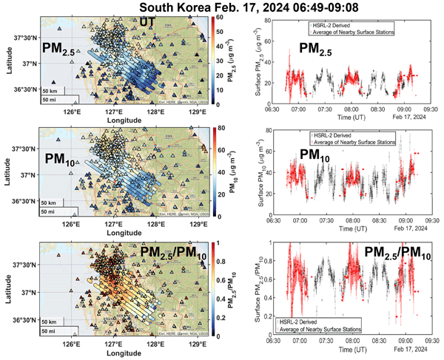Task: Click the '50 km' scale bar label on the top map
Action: (x=50, y=90)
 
